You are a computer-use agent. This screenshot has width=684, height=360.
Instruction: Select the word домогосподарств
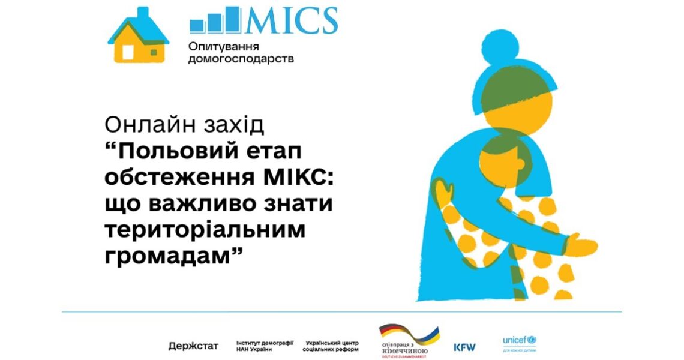pos(241,59)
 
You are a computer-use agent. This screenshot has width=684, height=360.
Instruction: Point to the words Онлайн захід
pos(184,125)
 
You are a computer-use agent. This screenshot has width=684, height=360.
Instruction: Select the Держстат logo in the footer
pos(193,346)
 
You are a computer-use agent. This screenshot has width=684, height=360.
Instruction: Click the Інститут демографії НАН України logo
pos(265,346)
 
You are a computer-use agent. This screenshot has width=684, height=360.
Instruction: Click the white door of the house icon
pos(128,52)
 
